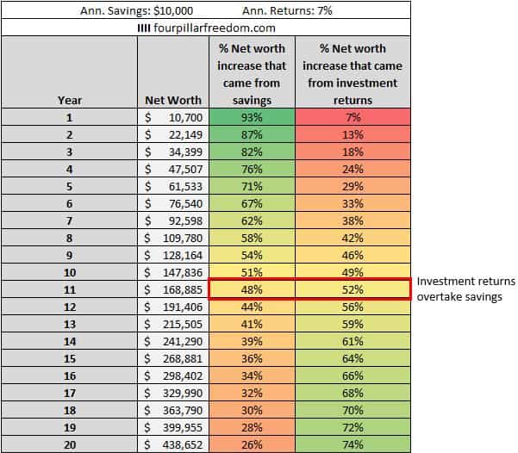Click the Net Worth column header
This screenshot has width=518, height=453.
click(172, 100)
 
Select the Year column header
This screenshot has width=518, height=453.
click(69, 100)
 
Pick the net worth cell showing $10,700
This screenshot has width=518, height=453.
click(172, 117)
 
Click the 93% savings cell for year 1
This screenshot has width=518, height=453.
click(251, 117)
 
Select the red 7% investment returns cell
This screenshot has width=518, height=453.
click(352, 117)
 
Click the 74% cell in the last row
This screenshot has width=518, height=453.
click(352, 445)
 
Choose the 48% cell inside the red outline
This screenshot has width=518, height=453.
click(251, 289)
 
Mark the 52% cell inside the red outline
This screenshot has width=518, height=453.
click(352, 289)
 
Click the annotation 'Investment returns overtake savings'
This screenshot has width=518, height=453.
click(465, 289)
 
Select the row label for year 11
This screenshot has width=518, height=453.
click(69, 289)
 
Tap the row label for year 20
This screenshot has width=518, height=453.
click(69, 445)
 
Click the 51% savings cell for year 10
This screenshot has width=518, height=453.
click(251, 272)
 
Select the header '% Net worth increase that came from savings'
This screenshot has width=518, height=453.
click(251, 74)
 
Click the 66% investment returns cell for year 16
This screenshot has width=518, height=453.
click(352, 376)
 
